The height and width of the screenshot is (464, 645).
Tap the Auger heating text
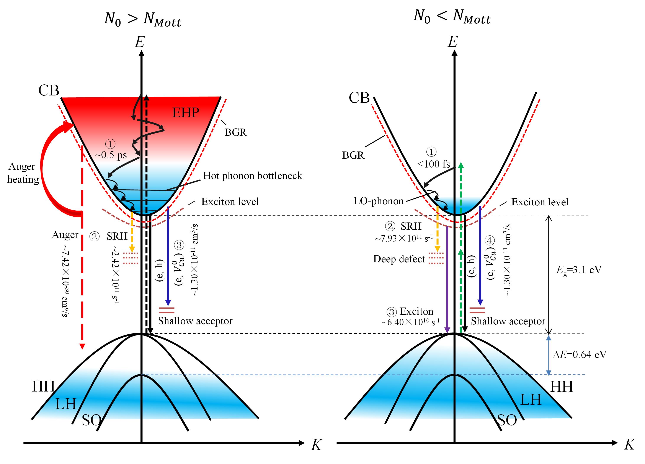click(23, 173)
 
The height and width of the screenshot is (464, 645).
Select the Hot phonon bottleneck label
click(252, 176)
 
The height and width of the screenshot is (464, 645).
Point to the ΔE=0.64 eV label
click(580, 354)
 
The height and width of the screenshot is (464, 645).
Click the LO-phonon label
click(378, 201)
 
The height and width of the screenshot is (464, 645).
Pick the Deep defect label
click(399, 259)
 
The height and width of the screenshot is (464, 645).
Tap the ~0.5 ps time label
click(111, 155)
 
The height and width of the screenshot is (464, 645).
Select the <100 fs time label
click(433, 164)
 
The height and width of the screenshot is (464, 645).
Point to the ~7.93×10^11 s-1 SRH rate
click(404, 238)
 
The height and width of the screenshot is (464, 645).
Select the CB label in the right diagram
click(359, 98)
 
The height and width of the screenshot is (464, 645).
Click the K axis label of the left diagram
click(316, 445)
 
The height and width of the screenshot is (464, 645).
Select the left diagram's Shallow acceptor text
click(195, 321)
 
